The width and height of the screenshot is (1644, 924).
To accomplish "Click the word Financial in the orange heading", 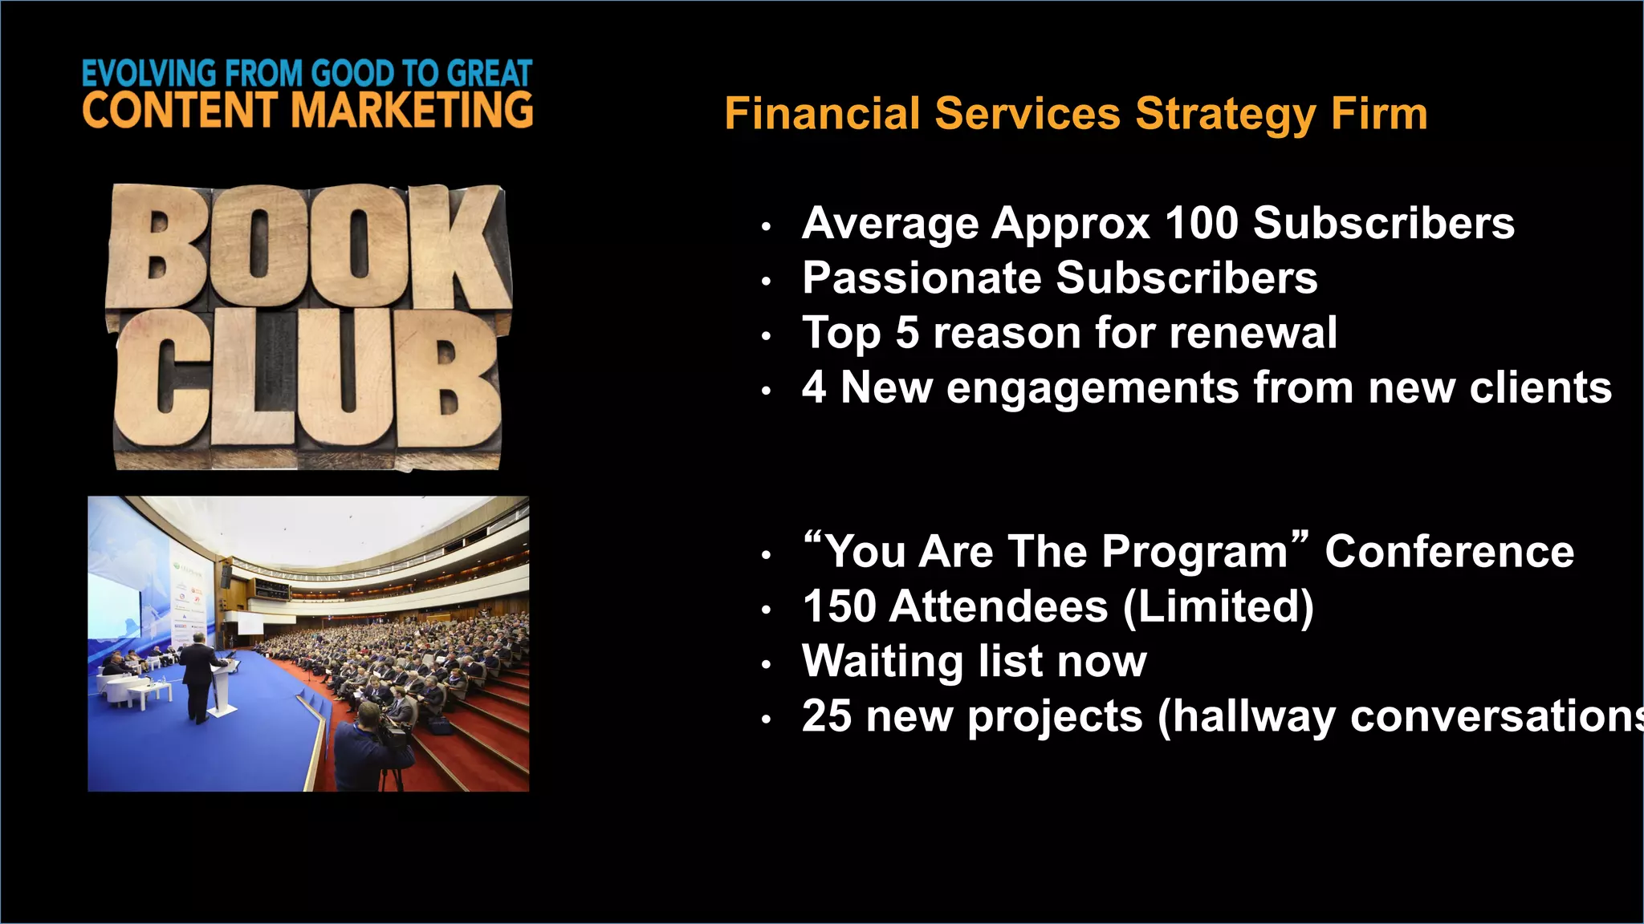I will [x=822, y=114].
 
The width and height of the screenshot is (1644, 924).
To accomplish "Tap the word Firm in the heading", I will [x=1379, y=114].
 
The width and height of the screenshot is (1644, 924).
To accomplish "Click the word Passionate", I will [x=922, y=278].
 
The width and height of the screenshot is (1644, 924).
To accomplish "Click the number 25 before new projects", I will [x=826, y=716].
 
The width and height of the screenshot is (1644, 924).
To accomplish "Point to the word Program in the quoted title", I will [x=1195, y=552].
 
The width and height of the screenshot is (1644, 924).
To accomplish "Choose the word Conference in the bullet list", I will [x=1449, y=552].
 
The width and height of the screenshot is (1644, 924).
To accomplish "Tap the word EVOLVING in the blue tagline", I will [x=149, y=74].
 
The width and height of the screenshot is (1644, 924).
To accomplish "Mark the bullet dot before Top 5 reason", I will [x=767, y=336].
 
